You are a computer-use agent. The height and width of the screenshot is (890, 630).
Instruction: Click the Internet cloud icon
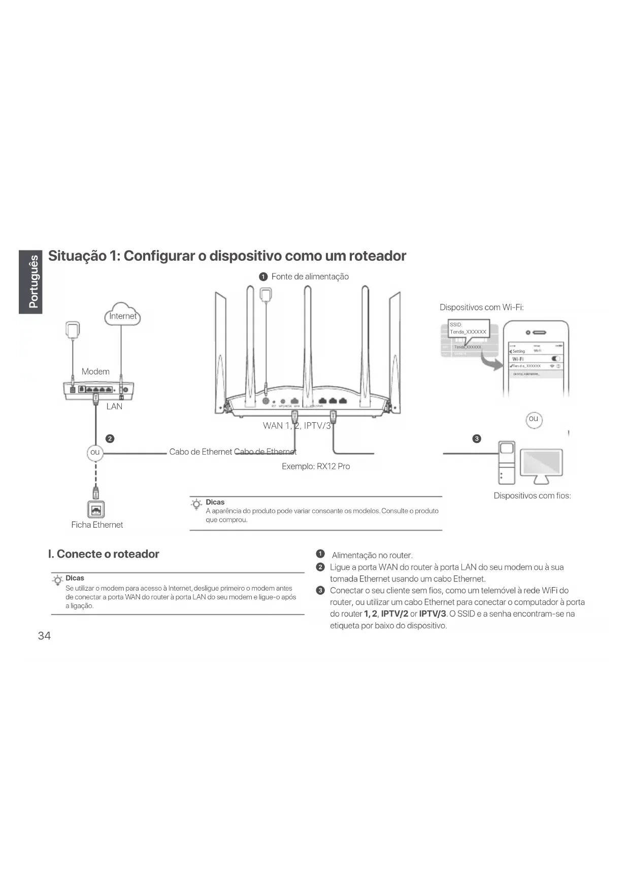coord(122,315)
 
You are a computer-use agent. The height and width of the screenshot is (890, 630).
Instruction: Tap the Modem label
coord(95,371)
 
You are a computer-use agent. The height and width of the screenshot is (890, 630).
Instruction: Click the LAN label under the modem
coord(114,406)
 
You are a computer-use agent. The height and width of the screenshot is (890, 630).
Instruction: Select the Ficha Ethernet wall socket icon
coord(96,509)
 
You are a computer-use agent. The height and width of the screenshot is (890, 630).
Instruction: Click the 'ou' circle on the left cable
coord(95,452)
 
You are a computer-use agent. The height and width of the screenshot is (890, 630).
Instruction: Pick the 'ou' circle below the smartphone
coord(533,419)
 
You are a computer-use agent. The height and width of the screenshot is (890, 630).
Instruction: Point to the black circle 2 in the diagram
coord(110,438)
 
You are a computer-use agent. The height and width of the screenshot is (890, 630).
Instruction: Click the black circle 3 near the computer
coord(476,438)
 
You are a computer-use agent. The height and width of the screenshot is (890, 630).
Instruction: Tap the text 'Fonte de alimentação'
coord(310,277)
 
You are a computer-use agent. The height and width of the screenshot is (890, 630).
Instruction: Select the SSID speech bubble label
coord(468,328)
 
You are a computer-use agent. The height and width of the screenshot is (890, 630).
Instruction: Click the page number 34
coord(44,636)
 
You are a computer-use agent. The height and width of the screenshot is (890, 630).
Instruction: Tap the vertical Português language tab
coord(31,282)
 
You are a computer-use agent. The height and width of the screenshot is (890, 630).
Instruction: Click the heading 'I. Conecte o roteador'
coord(104,554)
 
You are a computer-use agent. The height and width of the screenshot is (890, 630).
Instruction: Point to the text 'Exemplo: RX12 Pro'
coord(316,466)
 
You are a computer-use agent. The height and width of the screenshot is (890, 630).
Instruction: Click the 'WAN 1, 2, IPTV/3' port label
coord(297,426)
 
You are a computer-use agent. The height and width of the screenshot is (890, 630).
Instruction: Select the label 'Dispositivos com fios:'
coord(532,496)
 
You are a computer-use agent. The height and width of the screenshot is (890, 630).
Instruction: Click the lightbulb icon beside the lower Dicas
coord(58,580)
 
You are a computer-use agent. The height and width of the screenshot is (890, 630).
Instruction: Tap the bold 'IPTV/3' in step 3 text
coord(432,614)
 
